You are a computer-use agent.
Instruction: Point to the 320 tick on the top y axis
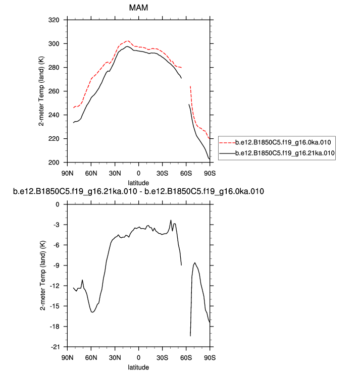tap(53, 20)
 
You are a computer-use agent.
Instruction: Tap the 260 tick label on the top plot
tap(53, 91)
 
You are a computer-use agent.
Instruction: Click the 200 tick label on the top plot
tap(53, 163)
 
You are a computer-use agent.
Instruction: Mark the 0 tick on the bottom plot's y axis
tap(57, 204)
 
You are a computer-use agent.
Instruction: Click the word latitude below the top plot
tap(138, 181)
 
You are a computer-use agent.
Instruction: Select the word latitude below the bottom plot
tap(138, 366)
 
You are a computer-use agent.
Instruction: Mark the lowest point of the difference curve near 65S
tap(190, 336)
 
